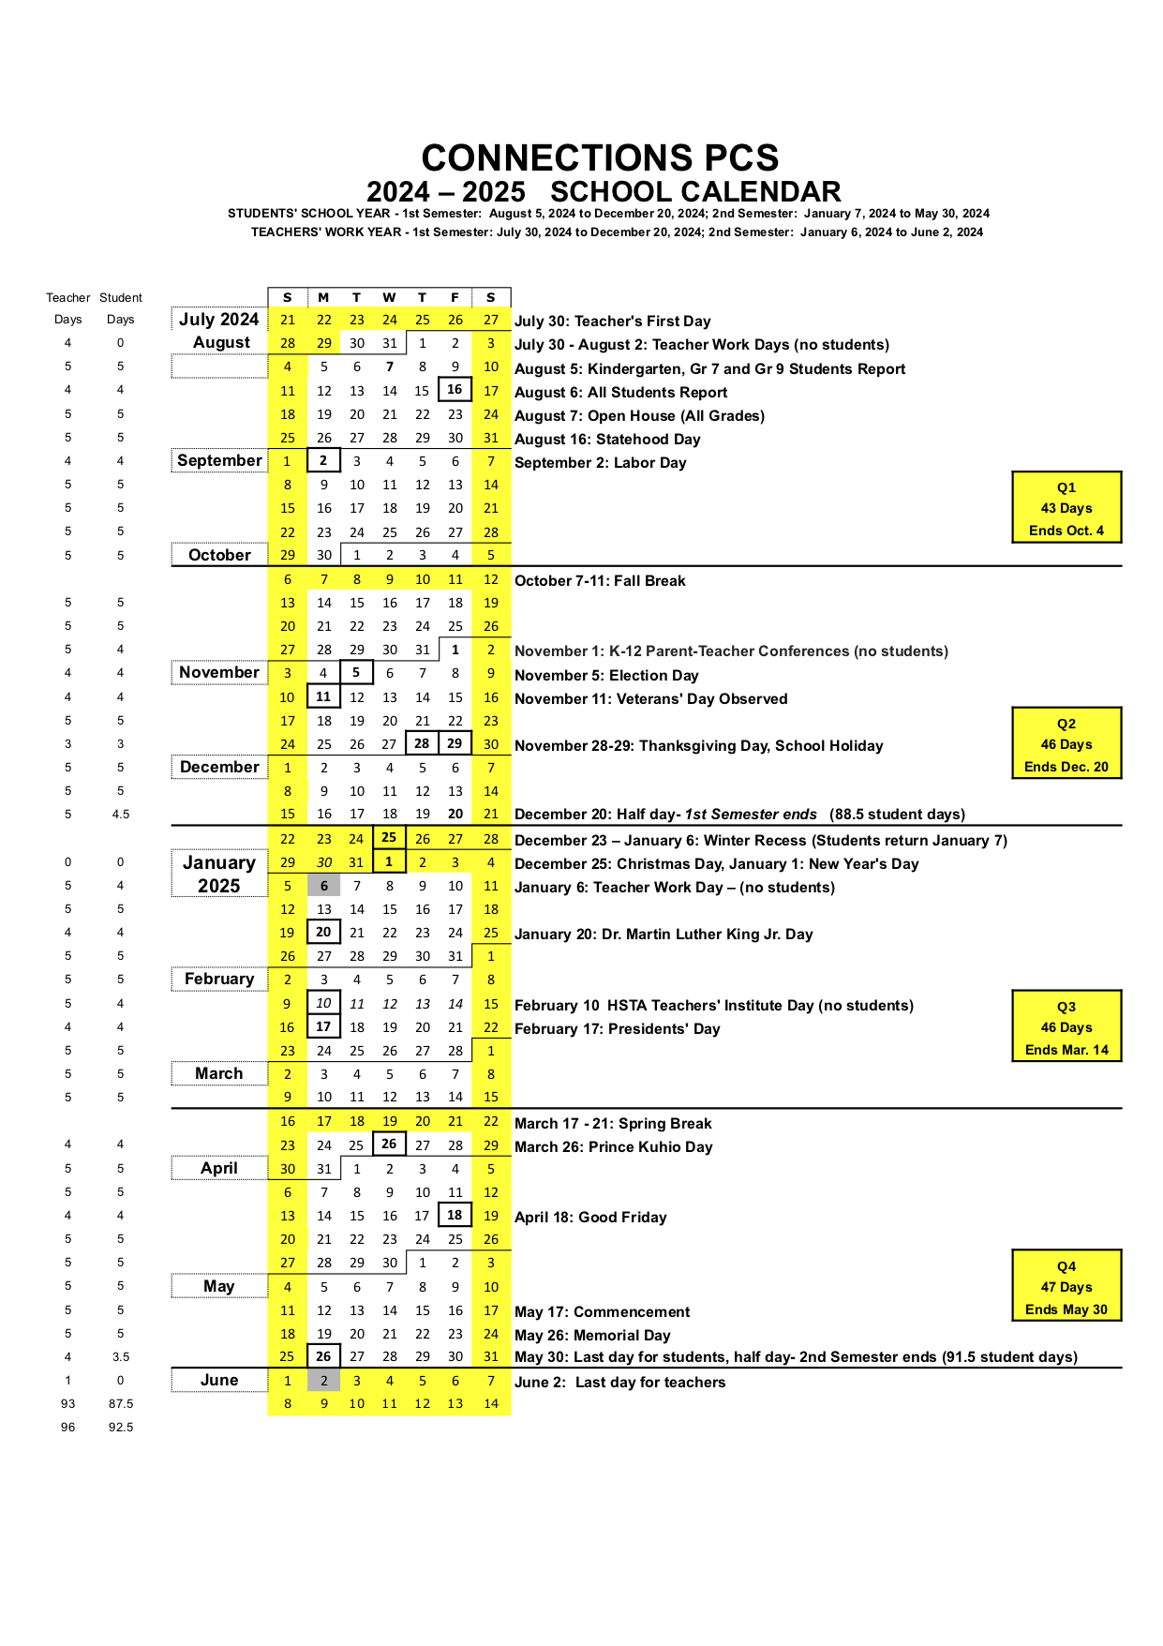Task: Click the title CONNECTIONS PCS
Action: (x=600, y=157)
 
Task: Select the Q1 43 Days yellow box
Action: (x=1066, y=508)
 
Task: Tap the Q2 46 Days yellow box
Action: (x=1066, y=744)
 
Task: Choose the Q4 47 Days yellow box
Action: (x=1066, y=1287)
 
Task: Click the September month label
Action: (x=219, y=460)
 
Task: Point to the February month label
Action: (x=219, y=979)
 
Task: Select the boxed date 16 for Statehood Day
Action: (x=455, y=389)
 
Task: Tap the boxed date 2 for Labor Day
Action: (x=323, y=460)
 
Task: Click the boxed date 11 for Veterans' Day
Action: (x=323, y=696)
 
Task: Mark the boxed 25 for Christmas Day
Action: (x=389, y=837)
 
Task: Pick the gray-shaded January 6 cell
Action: (x=324, y=886)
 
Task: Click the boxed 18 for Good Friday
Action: (x=455, y=1215)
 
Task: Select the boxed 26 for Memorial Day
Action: (x=323, y=1356)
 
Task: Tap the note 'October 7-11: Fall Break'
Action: (x=600, y=581)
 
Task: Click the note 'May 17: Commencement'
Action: (x=602, y=1312)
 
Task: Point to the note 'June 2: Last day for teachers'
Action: (x=619, y=1383)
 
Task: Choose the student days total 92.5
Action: (x=121, y=1428)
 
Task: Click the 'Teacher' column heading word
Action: (x=68, y=298)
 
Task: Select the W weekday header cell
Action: (x=389, y=297)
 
